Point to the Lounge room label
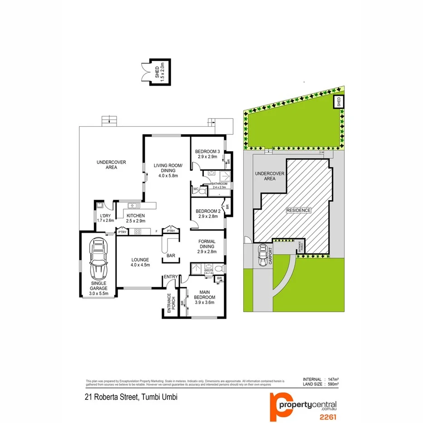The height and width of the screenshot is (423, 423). tap(140, 262)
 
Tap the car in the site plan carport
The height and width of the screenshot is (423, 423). tap(262, 256)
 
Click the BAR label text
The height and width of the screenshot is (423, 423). tap(171, 256)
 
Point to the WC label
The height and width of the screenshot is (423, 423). tap(196, 189)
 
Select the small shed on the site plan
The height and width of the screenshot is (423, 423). tap(339, 102)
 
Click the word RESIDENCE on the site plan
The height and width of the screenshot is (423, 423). tap(298, 210)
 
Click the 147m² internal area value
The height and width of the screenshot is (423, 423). tap(333, 379)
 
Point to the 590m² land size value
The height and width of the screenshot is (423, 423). tap(333, 384)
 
